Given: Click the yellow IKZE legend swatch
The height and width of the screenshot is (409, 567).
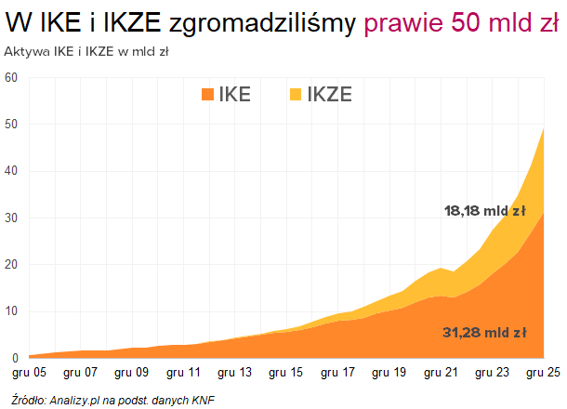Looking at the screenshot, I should coord(295,94).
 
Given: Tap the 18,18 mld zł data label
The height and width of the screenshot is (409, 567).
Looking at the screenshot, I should coord(485,212).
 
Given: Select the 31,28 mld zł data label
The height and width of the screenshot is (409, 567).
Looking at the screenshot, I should coord(485,333).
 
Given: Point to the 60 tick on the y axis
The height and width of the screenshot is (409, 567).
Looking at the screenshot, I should coord(11,77).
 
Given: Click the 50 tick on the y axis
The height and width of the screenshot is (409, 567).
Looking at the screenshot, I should coord(11,125).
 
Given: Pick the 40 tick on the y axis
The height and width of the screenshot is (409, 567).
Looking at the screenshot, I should coord(11,171).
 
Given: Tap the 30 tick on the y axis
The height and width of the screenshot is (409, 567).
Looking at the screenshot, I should coord(11,218).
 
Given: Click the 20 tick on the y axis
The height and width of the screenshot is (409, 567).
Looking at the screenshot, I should coord(11,265).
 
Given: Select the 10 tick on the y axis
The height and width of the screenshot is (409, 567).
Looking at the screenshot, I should coord(11,311).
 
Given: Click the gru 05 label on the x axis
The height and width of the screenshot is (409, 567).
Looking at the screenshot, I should coord(29,373).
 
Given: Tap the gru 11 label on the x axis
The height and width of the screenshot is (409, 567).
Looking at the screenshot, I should coord(183,373).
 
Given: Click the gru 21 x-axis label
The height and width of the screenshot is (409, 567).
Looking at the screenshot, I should coord(440,373).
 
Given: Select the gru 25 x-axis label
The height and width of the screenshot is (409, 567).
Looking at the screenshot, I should coord(541,373).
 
